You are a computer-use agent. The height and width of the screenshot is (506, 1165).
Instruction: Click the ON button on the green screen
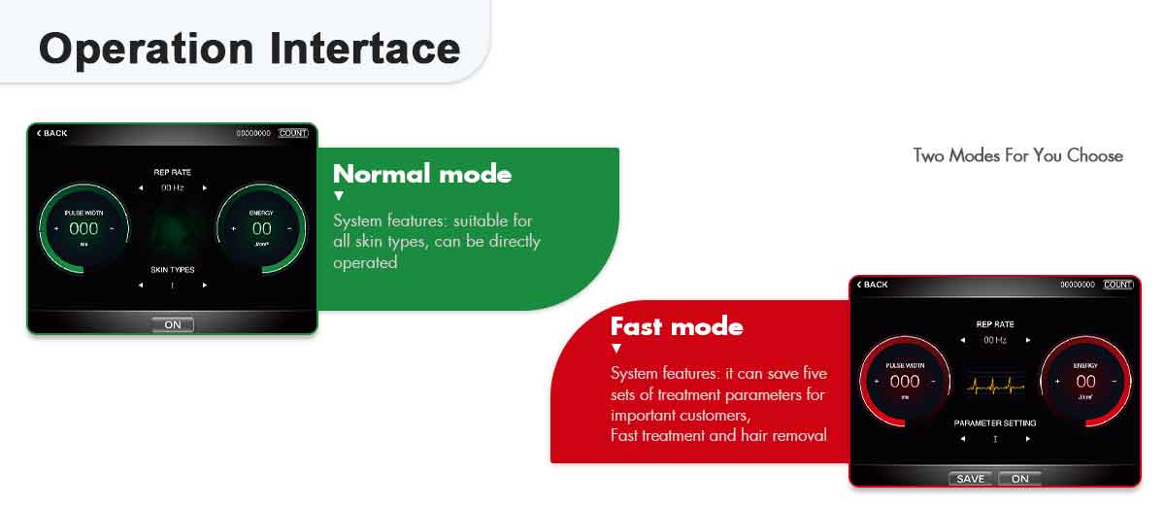(x=173, y=325)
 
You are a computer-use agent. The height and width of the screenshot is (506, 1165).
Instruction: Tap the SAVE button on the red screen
(x=970, y=479)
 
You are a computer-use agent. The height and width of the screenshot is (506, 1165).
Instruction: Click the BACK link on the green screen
(x=52, y=133)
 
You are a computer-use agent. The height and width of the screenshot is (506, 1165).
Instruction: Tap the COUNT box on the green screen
(x=293, y=133)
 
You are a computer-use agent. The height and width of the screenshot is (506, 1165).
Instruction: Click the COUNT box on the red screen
(x=1118, y=285)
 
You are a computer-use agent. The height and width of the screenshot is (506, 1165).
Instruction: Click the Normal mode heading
(x=421, y=174)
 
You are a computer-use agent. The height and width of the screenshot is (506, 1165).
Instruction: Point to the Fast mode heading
(x=677, y=326)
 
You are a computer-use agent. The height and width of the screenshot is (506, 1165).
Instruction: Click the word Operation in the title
(x=145, y=48)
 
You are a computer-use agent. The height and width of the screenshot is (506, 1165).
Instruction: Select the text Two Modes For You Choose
(x=1017, y=155)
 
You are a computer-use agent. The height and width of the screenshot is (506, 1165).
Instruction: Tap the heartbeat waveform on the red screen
(x=994, y=386)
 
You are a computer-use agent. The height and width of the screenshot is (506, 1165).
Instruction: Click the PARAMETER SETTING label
(x=995, y=423)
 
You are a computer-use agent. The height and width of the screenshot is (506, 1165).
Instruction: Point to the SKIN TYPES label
(x=173, y=269)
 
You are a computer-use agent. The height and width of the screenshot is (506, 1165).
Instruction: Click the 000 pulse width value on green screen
(x=83, y=229)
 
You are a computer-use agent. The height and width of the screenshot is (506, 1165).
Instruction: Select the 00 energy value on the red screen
(x=1085, y=382)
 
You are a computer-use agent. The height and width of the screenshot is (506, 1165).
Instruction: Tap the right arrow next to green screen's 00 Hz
(x=205, y=187)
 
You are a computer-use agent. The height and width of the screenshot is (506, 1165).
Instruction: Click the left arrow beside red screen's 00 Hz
(x=962, y=341)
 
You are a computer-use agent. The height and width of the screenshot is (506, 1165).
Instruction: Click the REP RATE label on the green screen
(x=173, y=172)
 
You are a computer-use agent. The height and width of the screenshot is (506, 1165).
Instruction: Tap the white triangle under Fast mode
(x=616, y=349)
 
